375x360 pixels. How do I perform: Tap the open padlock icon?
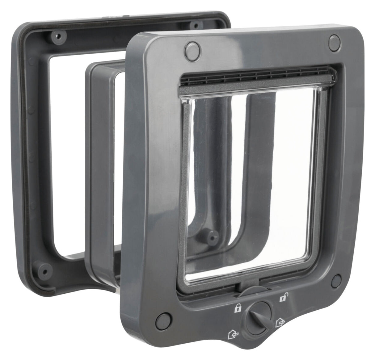coord(282,298)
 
